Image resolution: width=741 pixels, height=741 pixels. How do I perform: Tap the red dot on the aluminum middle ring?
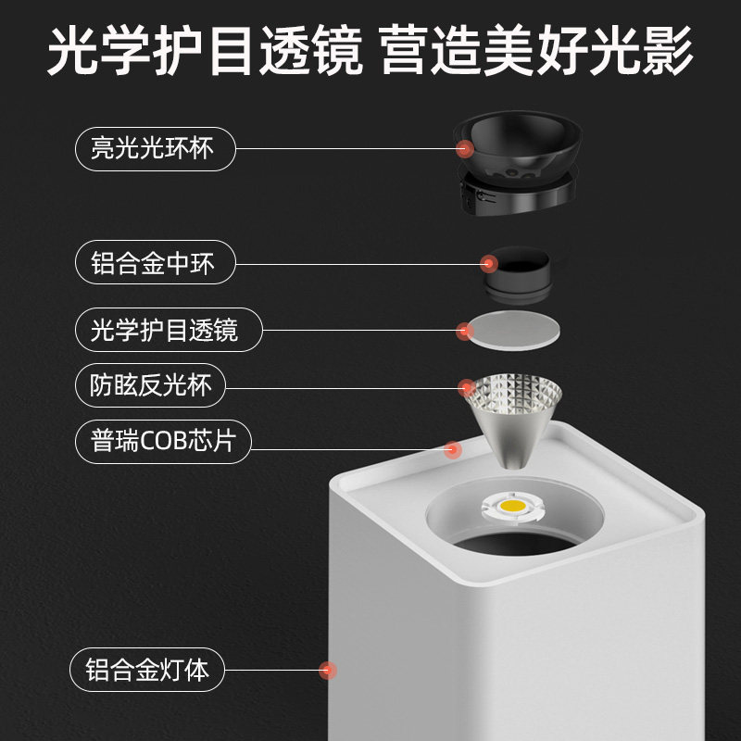click(x=488, y=264)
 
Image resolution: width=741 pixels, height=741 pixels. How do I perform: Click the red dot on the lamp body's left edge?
click(x=325, y=669)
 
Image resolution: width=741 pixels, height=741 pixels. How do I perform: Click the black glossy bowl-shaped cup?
click(x=519, y=139)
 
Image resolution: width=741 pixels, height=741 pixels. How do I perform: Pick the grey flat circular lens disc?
click(x=514, y=328)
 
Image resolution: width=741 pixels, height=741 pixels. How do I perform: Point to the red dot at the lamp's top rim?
click(x=453, y=450)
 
